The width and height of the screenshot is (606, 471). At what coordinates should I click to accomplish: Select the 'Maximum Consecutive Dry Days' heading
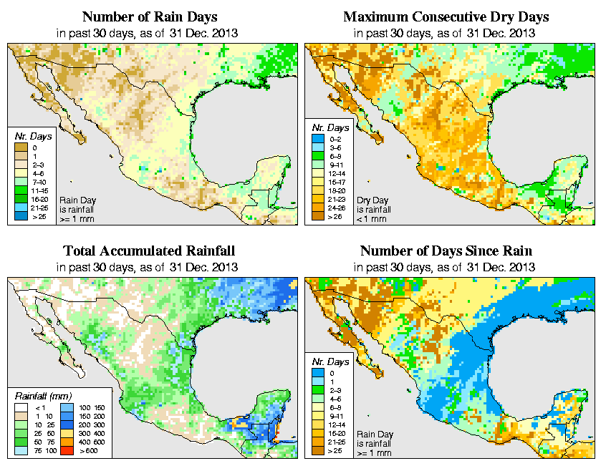pyautogui.click(x=446, y=16)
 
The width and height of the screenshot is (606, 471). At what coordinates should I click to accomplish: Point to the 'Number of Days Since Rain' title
pyautogui.click(x=446, y=251)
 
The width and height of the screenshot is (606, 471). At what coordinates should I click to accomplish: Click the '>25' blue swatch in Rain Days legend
pyautogui.click(x=20, y=215)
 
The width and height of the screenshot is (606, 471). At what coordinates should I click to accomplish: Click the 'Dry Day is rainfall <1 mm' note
pyautogui.click(x=370, y=208)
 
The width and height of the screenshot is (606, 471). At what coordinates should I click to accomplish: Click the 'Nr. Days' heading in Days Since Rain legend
pyautogui.click(x=332, y=361)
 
